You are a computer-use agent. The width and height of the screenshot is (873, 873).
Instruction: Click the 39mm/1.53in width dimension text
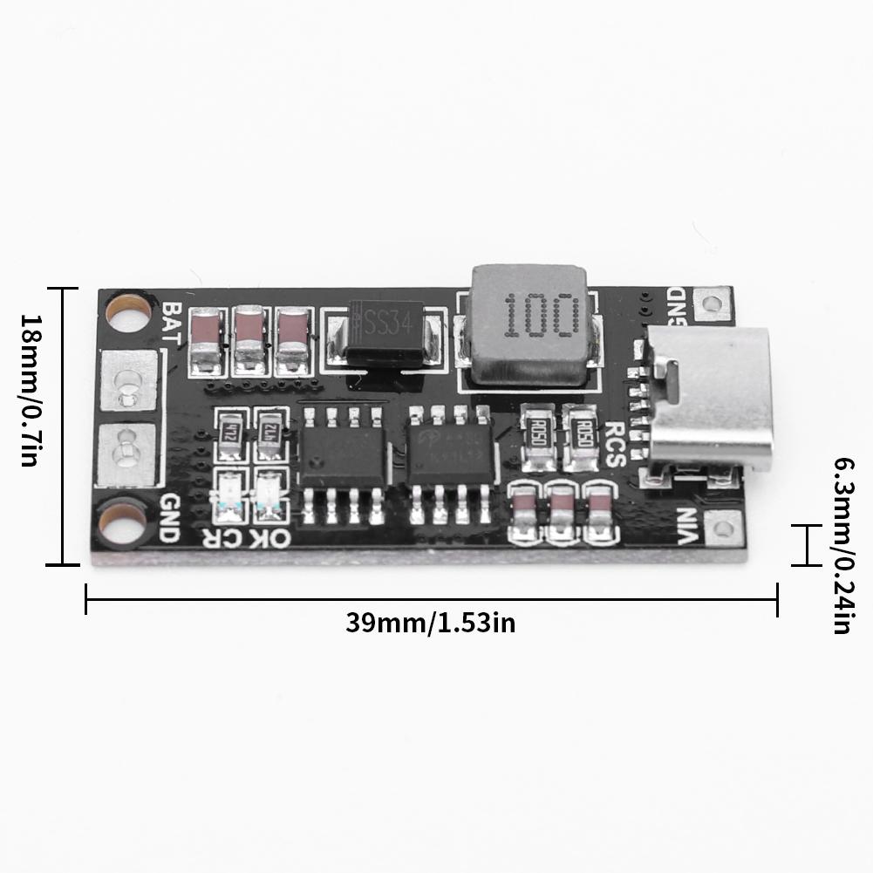(x=431, y=624)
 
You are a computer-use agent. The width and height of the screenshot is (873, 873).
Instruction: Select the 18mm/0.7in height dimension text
(x=29, y=391)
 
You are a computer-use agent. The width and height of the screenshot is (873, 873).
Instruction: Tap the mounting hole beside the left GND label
(x=120, y=522)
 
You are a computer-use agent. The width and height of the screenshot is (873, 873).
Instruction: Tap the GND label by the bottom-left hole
(x=169, y=518)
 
